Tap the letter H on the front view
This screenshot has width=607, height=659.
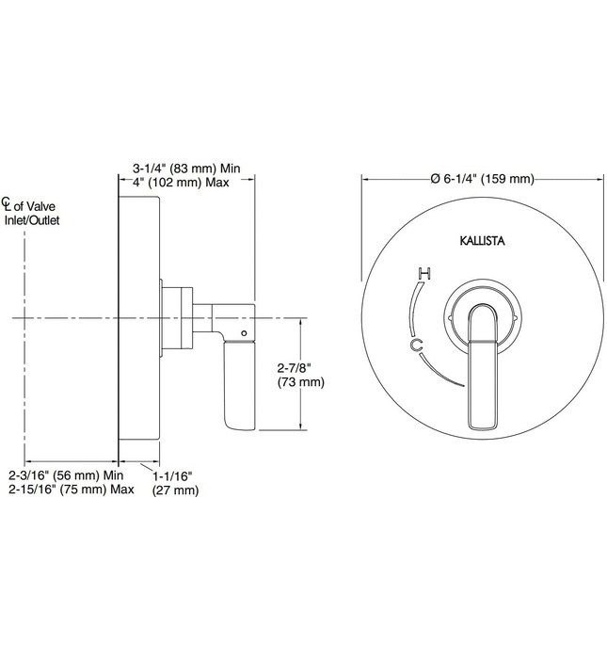pos(424,275)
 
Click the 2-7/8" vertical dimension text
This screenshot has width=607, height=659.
pos(296,368)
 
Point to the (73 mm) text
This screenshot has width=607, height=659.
pos(300,382)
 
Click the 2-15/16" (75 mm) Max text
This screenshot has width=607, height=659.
pos(71,490)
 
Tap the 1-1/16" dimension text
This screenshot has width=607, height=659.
pos(176,476)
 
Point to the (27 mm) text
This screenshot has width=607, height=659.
pos(175,490)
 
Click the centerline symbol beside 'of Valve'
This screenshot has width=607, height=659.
pos(7,204)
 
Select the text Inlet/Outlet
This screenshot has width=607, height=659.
pos(31,220)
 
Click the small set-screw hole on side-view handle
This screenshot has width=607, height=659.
pos(243,333)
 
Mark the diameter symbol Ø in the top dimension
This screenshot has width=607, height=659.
pos(435,179)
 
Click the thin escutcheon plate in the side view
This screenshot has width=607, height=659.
pos(120,319)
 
